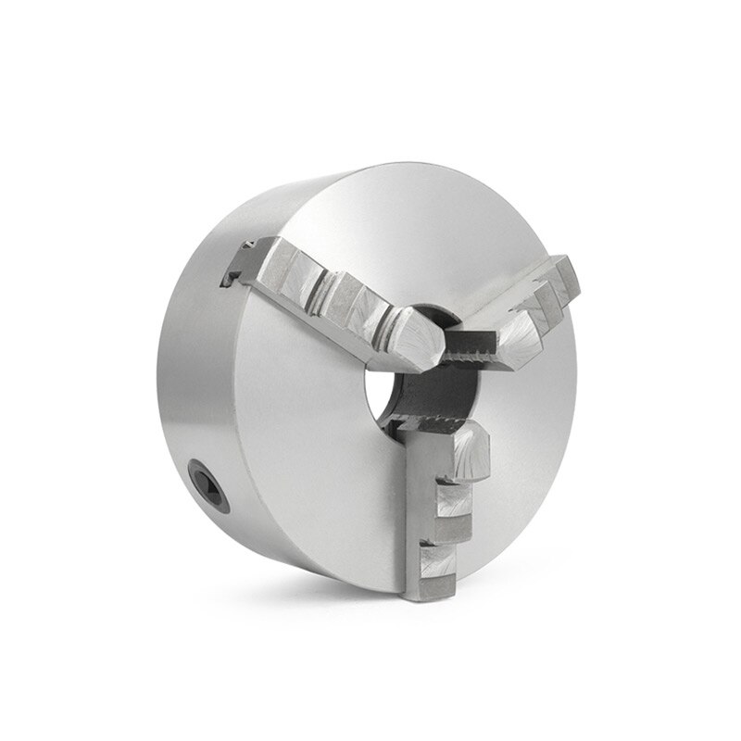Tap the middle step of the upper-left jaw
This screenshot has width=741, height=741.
pyautogui.click(x=347, y=296)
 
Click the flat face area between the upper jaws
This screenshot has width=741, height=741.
pyautogui.click(x=445, y=250)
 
